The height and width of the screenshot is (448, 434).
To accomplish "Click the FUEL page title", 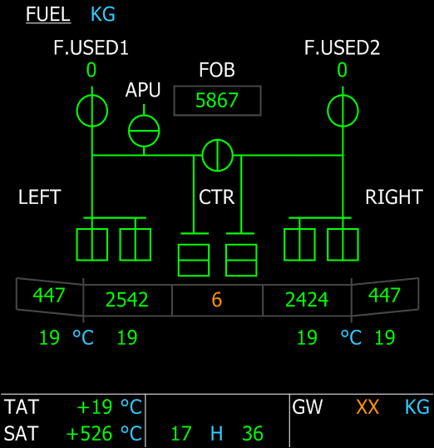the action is pos(48,14).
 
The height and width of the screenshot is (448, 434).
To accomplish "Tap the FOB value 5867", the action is pos(217,101).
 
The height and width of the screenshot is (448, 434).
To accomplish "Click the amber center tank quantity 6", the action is pos(217,300).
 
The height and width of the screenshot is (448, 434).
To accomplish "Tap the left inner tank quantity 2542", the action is pos(127,300).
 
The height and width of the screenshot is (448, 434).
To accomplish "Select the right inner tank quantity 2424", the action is pos(307,300).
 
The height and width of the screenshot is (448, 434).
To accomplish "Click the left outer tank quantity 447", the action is pos(49,295).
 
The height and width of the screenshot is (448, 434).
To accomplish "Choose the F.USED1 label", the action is pos(91,47).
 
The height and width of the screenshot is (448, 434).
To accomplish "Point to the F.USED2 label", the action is pos(342,47).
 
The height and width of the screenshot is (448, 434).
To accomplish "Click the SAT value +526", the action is pos(89,434).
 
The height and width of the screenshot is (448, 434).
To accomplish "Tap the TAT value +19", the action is pos(95,407).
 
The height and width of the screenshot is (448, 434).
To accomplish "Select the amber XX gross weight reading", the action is pos(367,407).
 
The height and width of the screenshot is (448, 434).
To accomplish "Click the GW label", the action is pos(307,407).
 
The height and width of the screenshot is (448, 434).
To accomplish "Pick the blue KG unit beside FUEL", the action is pos(103,14).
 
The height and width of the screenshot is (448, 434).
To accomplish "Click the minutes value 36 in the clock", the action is pos(253,434).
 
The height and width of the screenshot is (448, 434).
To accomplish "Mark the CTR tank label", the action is pos(216,197).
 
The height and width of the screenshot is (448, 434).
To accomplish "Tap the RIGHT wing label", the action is pos(394,197).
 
